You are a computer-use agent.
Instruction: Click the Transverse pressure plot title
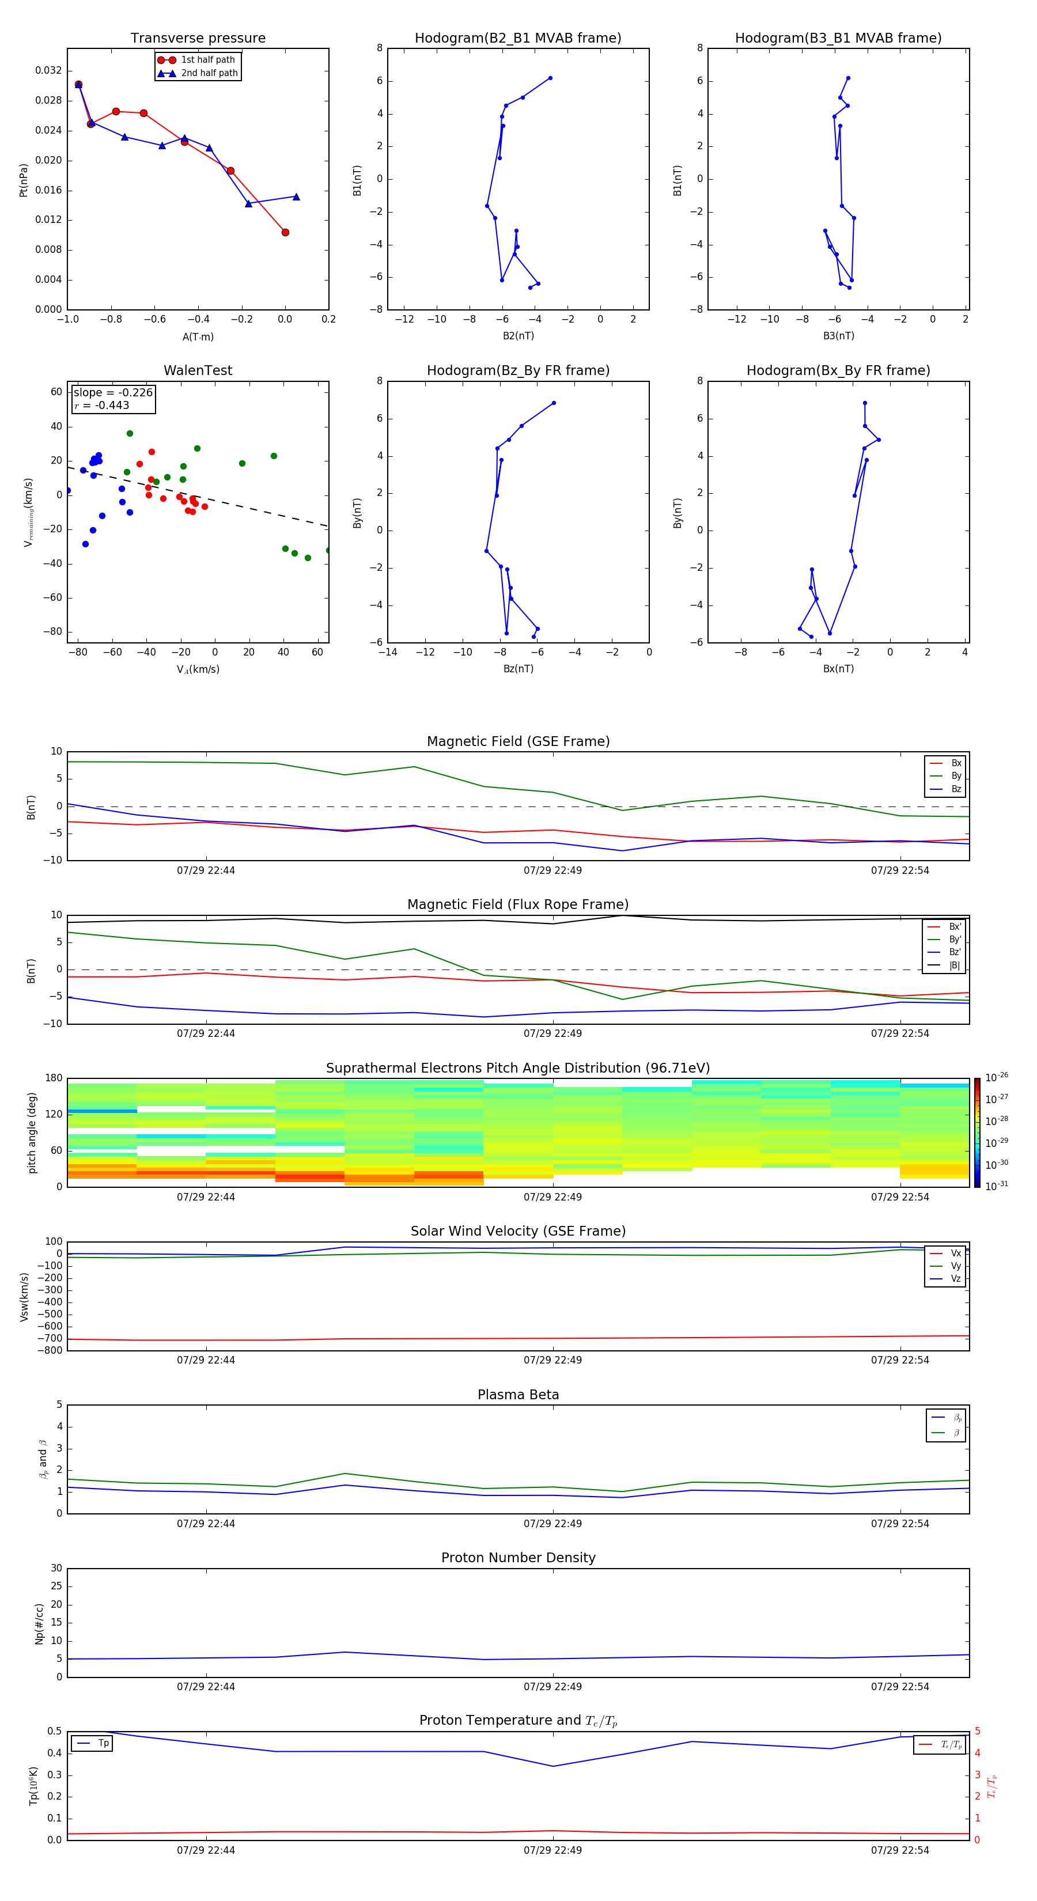[198, 39]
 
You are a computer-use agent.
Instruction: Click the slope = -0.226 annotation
[113, 393]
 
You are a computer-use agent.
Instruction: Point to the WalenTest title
[198, 370]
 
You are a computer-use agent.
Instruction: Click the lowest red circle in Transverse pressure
[285, 233]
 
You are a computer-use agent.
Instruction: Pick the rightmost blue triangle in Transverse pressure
[296, 197]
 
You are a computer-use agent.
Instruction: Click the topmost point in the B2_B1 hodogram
[550, 78]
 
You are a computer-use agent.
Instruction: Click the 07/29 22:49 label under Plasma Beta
[553, 1523]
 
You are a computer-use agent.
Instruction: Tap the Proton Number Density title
[518, 1558]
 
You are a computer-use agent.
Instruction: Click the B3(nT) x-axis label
[838, 336]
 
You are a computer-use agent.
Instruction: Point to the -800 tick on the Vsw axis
[52, 1350]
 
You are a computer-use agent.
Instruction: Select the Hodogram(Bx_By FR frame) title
[838, 370]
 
